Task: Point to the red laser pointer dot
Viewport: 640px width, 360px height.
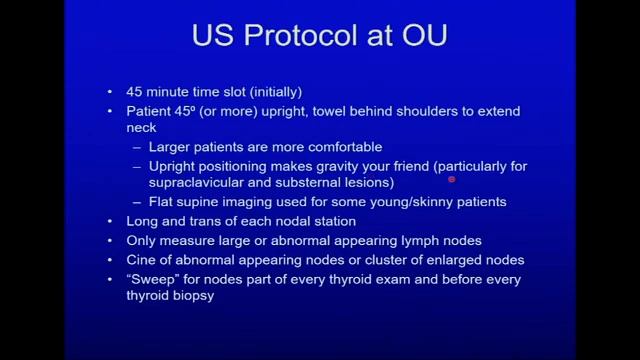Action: (452, 180)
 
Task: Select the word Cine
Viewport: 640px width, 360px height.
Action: (142, 260)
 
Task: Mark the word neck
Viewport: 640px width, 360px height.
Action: (142, 128)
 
